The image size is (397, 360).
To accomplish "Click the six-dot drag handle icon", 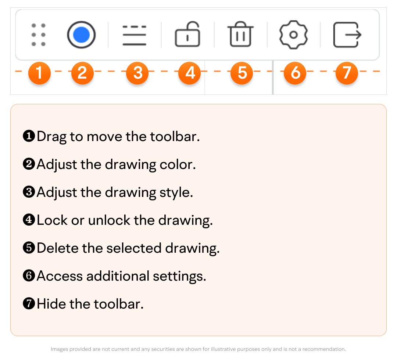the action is [x=39, y=35].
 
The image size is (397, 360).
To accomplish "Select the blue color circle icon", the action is [x=81, y=35].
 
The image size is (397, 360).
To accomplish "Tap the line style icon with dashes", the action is [x=134, y=35].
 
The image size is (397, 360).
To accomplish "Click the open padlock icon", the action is [x=187, y=34].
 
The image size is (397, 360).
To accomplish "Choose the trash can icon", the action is [x=240, y=34].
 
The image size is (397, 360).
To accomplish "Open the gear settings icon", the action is [x=293, y=35].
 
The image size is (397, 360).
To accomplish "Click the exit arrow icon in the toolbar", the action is [x=347, y=35].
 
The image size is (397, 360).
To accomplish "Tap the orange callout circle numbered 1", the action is [x=39, y=73].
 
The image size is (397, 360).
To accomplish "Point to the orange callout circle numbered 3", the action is [x=137, y=73].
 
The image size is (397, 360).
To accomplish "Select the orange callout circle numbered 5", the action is [x=242, y=73].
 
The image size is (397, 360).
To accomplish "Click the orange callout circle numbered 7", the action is [x=347, y=73].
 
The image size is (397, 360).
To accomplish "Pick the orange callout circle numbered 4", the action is [x=190, y=73].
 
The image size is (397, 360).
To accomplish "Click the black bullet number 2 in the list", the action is [x=29, y=164].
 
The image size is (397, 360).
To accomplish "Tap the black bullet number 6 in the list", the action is [x=29, y=276].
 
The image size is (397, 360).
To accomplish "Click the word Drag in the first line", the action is [x=52, y=137].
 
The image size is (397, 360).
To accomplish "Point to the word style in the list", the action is [x=176, y=193].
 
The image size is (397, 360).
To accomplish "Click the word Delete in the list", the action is [x=57, y=248].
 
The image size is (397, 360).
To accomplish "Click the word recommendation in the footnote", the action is [x=324, y=349].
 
